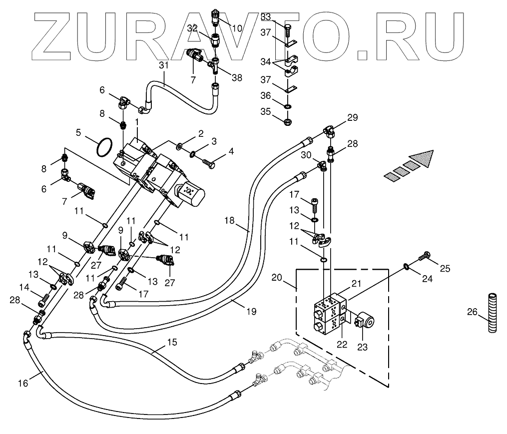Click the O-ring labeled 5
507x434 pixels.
103,147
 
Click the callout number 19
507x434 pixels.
251,311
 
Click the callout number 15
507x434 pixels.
171,343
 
